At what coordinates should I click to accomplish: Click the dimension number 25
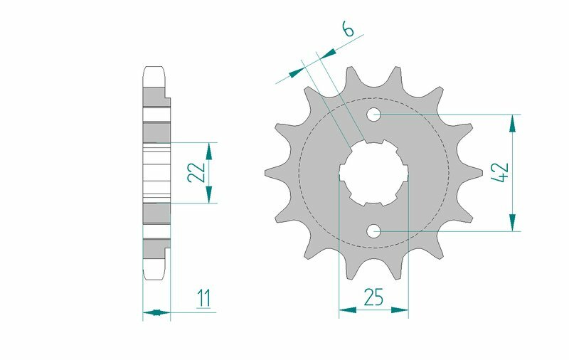pos(374,297)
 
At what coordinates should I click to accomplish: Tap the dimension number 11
pos(204,298)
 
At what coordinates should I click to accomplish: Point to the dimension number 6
pos(348,29)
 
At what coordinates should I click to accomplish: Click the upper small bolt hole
pos(374,114)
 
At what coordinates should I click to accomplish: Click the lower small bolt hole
pos(374,231)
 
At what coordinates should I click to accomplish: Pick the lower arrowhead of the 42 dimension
pos(511,223)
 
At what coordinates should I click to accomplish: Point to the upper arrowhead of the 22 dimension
pos(209,149)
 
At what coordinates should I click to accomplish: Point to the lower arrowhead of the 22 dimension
pos(209,196)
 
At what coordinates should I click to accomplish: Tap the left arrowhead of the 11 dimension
pos(148,311)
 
